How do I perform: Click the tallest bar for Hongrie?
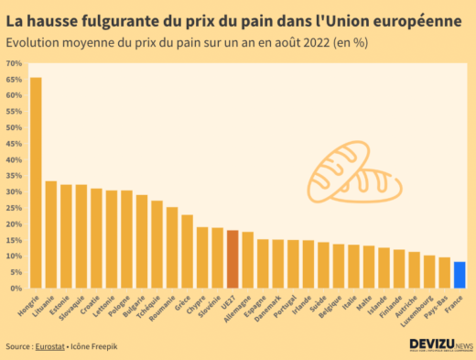(x=36, y=183)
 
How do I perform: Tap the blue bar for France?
(x=460, y=275)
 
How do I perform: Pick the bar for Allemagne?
(x=247, y=260)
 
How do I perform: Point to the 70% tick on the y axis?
(x=15, y=63)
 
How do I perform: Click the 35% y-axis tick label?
(x=15, y=176)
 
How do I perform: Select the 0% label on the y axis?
(x=16, y=289)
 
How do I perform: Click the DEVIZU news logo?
(x=440, y=346)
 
